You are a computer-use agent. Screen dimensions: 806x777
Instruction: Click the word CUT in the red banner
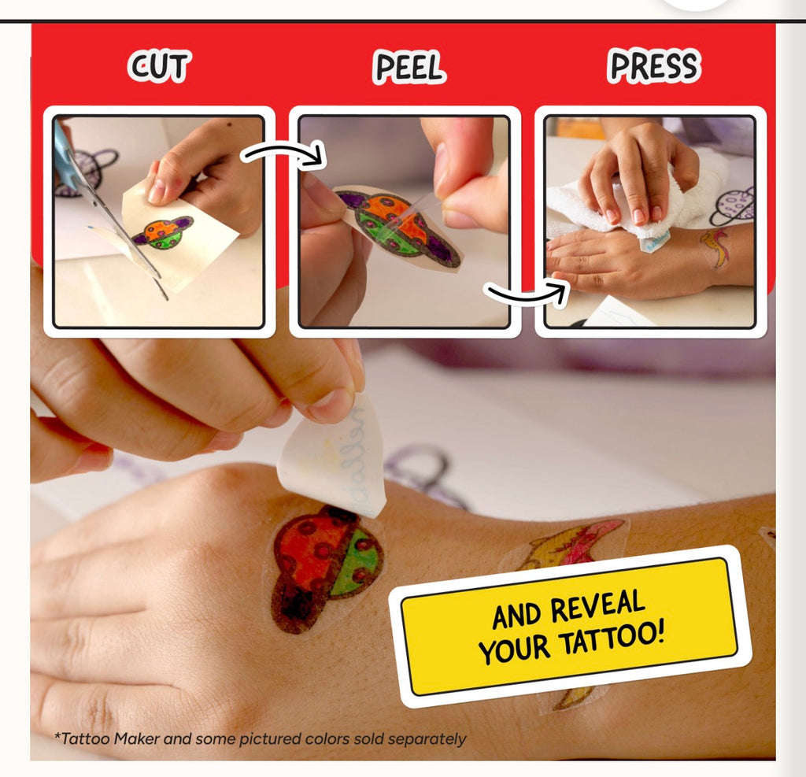(159, 66)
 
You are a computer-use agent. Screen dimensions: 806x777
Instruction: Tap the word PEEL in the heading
(409, 67)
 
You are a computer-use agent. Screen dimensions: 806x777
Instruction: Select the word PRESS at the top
(654, 66)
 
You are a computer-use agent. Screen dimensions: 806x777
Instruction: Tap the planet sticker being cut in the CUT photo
(163, 233)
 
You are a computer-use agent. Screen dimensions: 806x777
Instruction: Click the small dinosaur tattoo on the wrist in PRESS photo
(715, 247)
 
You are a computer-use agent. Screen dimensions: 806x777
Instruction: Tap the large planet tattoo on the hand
(326, 568)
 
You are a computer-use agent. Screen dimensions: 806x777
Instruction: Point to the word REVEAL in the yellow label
(598, 607)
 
